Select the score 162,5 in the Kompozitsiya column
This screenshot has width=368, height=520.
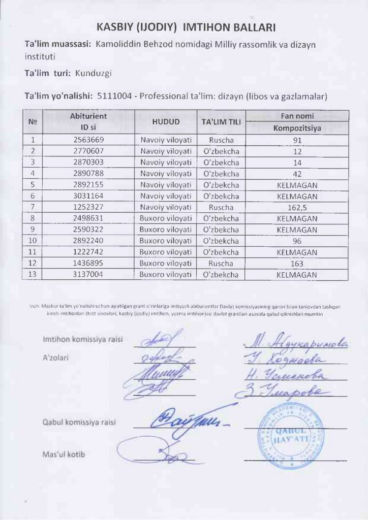297,207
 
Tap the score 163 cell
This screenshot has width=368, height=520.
297,264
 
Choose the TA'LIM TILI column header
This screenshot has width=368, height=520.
221,122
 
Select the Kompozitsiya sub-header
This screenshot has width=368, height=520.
297,128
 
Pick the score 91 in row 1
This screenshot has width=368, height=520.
297,139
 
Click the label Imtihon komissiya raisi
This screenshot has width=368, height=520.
80,339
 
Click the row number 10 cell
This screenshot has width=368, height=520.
33,241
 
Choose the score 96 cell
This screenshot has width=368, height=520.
297,241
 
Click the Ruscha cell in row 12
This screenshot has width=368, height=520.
221,264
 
